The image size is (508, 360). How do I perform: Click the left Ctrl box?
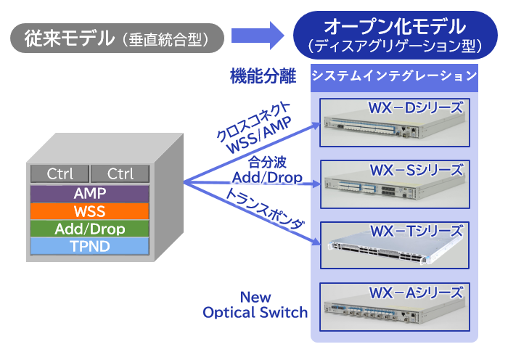pyautogui.click(x=60, y=173)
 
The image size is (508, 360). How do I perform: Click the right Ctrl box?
pyautogui.click(x=120, y=173)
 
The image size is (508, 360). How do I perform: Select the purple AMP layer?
pyautogui.click(x=90, y=194)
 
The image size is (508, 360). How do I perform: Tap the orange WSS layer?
pyautogui.click(x=90, y=211)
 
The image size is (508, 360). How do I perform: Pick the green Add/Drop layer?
pyautogui.click(x=90, y=229)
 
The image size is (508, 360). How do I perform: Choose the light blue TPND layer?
pyautogui.click(x=90, y=246)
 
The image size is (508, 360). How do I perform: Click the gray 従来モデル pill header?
pyautogui.click(x=118, y=38)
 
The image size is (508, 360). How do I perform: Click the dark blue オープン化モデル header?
pyautogui.click(x=396, y=35)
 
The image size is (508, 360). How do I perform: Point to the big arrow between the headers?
pyautogui.click(x=258, y=36)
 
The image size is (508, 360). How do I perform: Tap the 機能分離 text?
pyautogui.click(x=263, y=76)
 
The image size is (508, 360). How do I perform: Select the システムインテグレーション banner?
pyautogui.click(x=394, y=78)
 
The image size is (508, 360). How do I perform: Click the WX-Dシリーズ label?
pyautogui.click(x=416, y=108)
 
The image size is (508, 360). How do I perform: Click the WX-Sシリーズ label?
pyautogui.click(x=417, y=170)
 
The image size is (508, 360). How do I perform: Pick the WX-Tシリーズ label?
pyautogui.click(x=417, y=231)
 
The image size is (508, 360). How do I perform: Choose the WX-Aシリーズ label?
pyautogui.click(x=416, y=292)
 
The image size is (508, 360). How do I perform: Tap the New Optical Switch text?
pyautogui.click(x=255, y=305)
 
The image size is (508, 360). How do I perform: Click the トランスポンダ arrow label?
pyautogui.click(x=265, y=209)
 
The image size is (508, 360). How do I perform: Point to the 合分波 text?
pyautogui.click(x=267, y=162)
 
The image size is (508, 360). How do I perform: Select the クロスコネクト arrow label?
pyautogui.click(x=253, y=121)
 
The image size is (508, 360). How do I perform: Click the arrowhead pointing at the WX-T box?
pyautogui.click(x=316, y=242)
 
